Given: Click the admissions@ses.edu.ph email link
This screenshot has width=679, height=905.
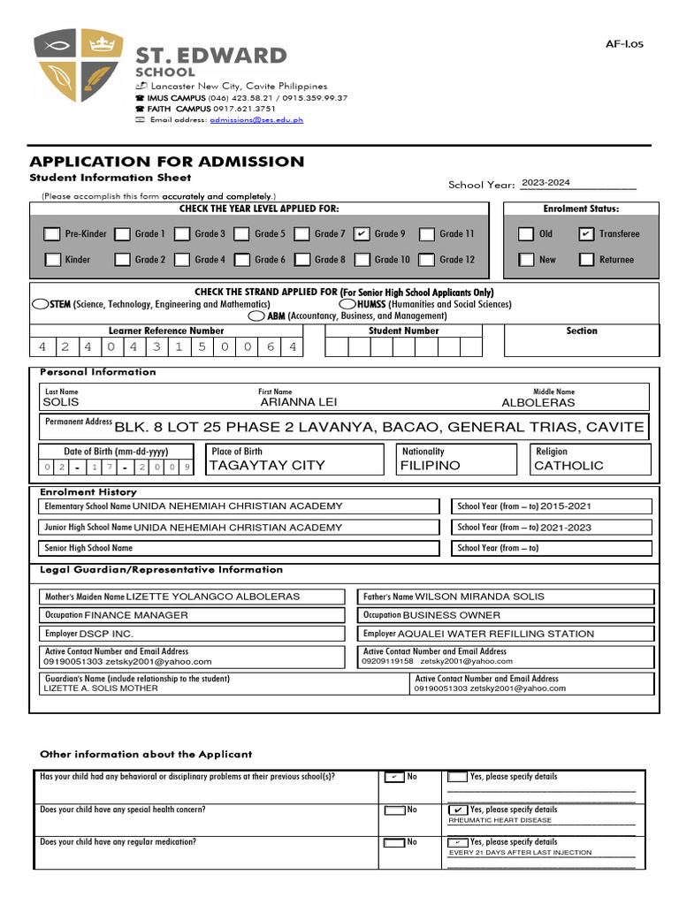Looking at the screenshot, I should (x=256, y=119).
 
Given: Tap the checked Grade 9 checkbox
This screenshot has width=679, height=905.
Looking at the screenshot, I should (x=361, y=234).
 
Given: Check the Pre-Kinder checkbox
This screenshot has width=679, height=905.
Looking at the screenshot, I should (x=52, y=234).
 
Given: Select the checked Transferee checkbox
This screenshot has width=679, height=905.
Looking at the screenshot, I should (x=586, y=234).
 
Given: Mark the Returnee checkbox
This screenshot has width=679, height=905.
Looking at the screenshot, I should (x=586, y=260).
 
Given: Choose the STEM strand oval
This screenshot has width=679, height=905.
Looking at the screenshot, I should (x=40, y=304).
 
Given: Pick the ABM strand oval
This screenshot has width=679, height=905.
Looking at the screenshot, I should (x=256, y=316).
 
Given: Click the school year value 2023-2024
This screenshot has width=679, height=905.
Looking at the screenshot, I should (x=545, y=183).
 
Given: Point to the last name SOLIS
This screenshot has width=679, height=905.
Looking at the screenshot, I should (x=61, y=402).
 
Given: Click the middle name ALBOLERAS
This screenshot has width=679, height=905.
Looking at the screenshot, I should (x=538, y=402).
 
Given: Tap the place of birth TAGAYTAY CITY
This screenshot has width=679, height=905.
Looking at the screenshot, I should (x=267, y=465).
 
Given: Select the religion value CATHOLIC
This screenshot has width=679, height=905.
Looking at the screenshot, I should (x=568, y=465).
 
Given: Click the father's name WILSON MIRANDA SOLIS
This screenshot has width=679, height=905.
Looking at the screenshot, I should (x=480, y=597).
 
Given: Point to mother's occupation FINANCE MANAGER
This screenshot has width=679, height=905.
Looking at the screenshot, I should (x=136, y=615).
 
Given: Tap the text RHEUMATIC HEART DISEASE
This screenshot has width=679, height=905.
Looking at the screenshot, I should (x=500, y=820).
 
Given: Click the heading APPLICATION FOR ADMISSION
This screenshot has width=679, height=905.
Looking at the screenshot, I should (x=167, y=162).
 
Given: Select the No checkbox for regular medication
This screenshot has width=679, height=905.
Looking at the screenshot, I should (x=393, y=843).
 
